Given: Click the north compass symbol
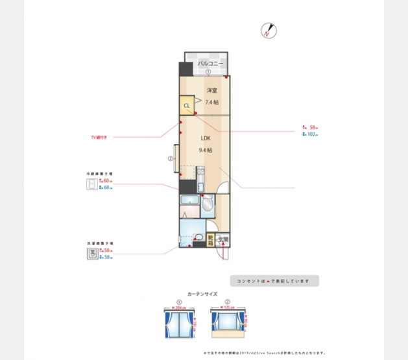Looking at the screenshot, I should (x=268, y=30).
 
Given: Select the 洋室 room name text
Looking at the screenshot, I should (x=211, y=90).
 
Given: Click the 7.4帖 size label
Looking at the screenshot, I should (x=211, y=102).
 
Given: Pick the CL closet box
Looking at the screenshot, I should (x=187, y=105).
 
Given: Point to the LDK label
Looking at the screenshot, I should (x=205, y=138).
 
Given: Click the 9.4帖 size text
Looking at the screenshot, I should (x=205, y=150).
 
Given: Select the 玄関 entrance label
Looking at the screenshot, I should (x=223, y=240).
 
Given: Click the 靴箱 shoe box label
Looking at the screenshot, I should (x=211, y=241).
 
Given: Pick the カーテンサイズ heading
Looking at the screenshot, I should (x=202, y=294).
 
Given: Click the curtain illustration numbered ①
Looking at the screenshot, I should (x=178, y=320).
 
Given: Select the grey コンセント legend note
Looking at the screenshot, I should (x=274, y=281).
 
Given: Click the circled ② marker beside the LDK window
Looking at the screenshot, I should (x=170, y=158).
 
